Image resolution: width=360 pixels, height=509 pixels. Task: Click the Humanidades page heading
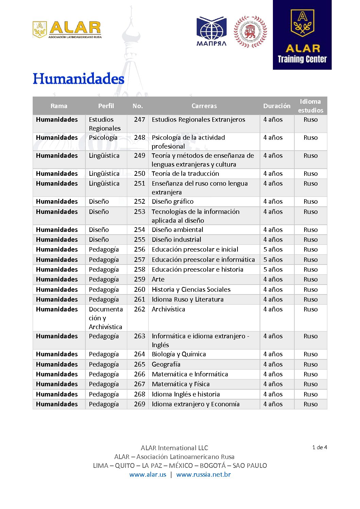click(78, 79)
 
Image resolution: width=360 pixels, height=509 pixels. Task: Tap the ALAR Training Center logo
click(302, 35)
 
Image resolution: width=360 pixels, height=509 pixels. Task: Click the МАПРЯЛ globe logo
click(211, 31)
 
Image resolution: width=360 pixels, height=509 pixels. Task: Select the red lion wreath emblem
click(250, 32)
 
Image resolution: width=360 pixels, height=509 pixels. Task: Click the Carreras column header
click(204, 106)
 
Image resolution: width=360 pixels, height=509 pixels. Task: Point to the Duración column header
click(277, 106)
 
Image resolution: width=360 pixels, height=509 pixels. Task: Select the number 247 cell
click(140, 120)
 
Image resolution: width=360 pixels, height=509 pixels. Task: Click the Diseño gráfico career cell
click(173, 202)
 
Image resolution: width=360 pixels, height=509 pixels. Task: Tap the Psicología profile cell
click(103, 138)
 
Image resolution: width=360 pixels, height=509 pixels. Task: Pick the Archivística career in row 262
click(168, 309)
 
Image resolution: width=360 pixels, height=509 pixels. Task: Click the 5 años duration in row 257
click(273, 260)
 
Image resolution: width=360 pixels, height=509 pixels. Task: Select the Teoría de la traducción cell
click(185, 174)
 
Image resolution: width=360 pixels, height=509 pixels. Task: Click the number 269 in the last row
click(140, 404)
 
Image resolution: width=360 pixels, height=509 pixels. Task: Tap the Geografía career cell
click(166, 364)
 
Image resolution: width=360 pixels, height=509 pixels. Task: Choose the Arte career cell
click(158, 279)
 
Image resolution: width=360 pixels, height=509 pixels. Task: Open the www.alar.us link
click(148, 475)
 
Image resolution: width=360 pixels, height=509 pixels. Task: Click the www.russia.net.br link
click(203, 475)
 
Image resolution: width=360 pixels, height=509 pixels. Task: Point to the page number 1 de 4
click(320, 447)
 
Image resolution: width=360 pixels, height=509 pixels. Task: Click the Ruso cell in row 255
click(310, 240)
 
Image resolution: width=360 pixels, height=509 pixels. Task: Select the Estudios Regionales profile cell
click(104, 124)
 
